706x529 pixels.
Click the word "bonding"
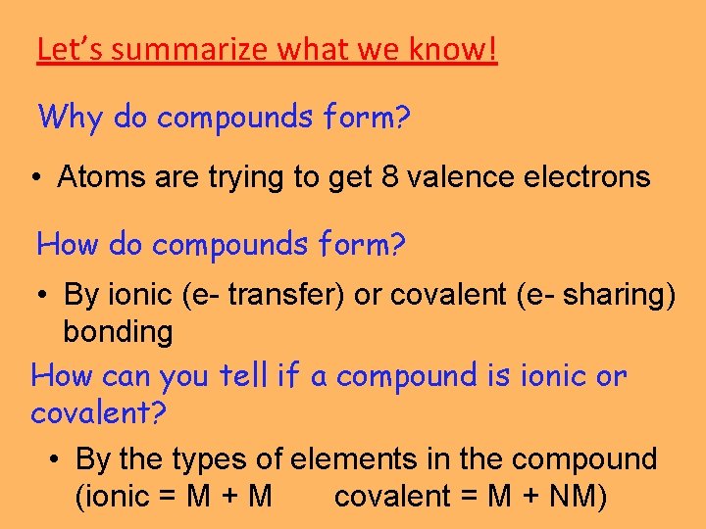pyautogui.click(x=118, y=331)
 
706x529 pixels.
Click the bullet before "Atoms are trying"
pyautogui.click(x=35, y=178)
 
